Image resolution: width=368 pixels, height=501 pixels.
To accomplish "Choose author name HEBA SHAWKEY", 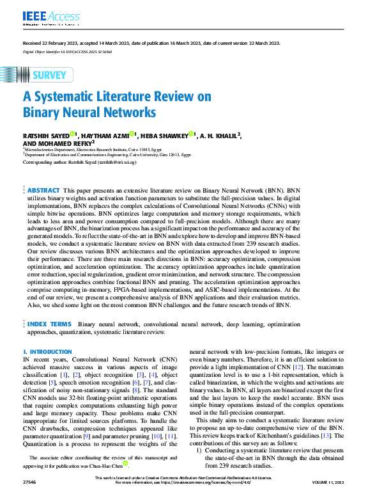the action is coord(164,135).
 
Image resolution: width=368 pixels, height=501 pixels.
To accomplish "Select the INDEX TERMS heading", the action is coord(49,324).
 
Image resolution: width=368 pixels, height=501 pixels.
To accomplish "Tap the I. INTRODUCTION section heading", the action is coord(47,352).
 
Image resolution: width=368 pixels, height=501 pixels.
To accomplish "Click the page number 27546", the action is coord(30,496).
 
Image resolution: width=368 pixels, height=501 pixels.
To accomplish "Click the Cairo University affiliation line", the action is coord(107,154).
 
